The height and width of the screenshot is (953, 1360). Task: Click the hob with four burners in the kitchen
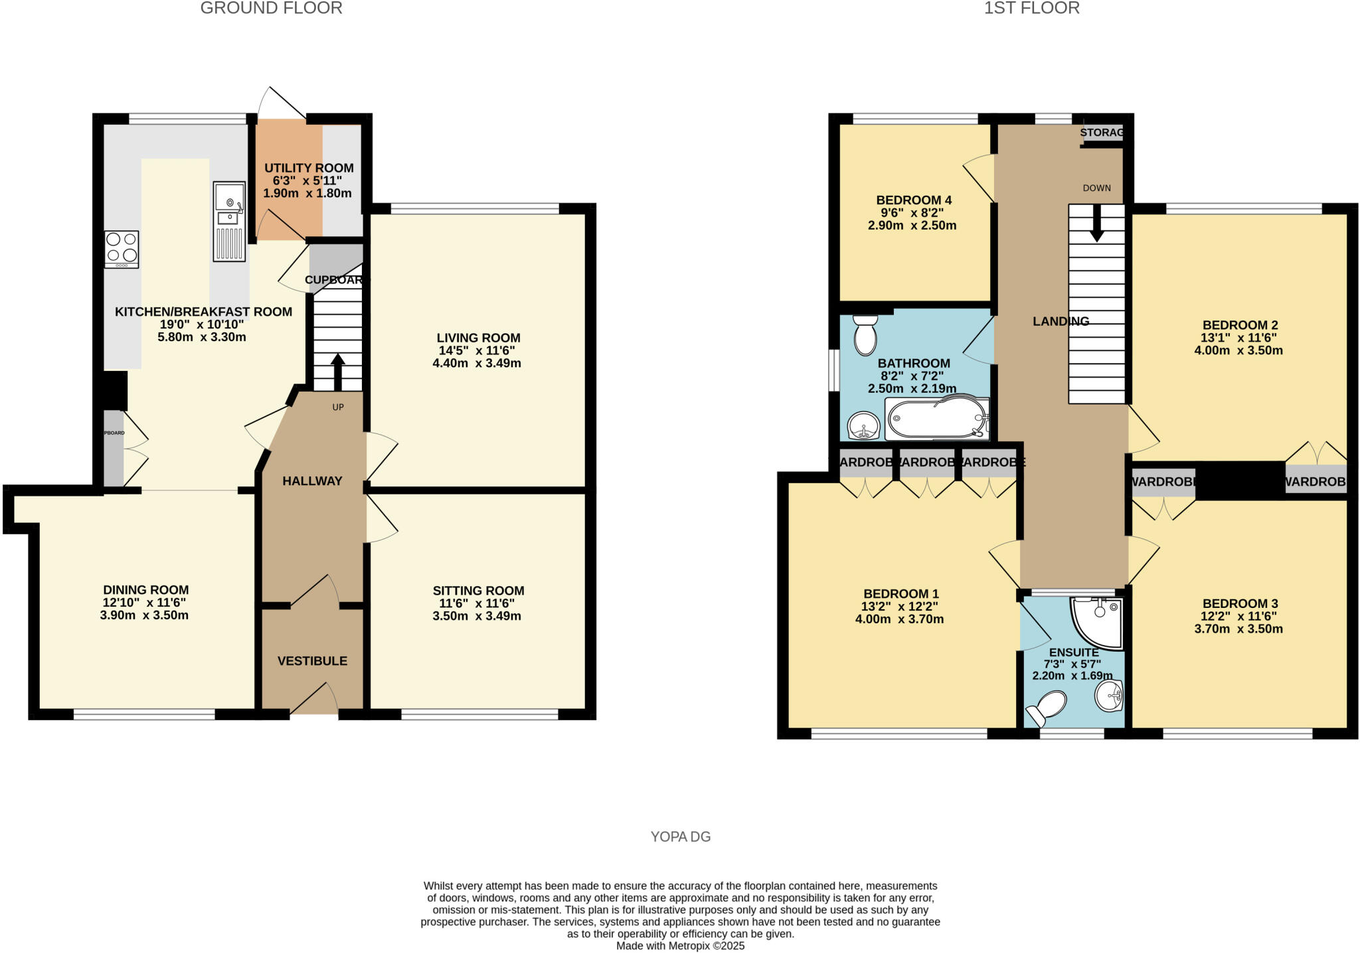pyautogui.click(x=122, y=249)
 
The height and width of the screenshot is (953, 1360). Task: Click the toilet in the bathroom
pyautogui.click(x=865, y=334)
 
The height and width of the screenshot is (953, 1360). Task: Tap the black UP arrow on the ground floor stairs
pyautogui.click(x=337, y=372)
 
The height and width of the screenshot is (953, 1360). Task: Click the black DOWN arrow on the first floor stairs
pyautogui.click(x=1096, y=223)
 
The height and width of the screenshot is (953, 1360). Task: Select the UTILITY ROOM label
pyautogui.click(x=309, y=168)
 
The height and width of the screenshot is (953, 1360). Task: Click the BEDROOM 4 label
pyautogui.click(x=913, y=200)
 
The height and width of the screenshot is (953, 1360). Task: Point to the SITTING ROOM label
pyautogui.click(x=478, y=590)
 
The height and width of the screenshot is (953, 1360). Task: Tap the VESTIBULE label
pyautogui.click(x=312, y=660)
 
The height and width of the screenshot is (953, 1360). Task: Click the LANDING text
pyautogui.click(x=1061, y=321)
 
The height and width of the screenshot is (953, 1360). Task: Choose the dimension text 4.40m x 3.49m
pyautogui.click(x=476, y=363)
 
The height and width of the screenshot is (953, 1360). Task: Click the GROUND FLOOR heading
pyautogui.click(x=271, y=8)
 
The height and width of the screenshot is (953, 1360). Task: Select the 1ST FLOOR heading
pyautogui.click(x=1031, y=8)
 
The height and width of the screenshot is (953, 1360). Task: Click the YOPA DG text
pyautogui.click(x=680, y=836)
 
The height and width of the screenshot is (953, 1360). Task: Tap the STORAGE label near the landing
pyautogui.click(x=1102, y=132)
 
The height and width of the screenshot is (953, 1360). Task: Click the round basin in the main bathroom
pyautogui.click(x=863, y=425)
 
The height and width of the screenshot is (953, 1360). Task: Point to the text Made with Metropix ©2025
pyautogui.click(x=680, y=946)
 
